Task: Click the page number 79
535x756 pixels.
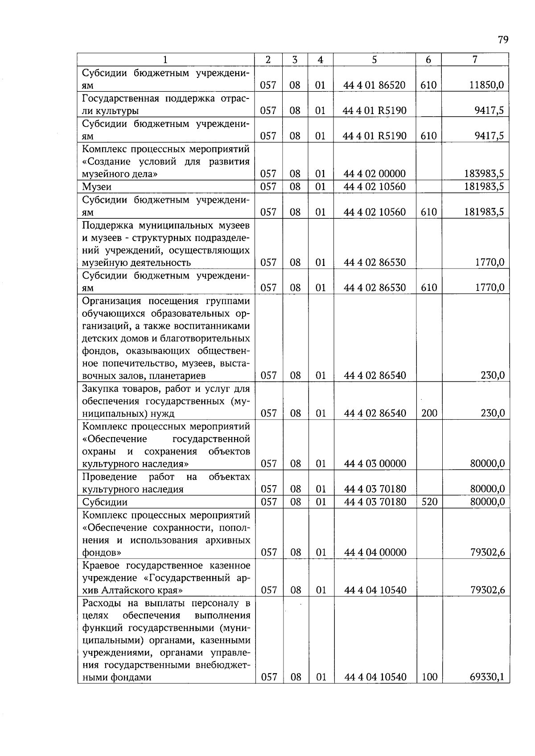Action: point(503,40)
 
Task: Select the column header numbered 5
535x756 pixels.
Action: point(374,60)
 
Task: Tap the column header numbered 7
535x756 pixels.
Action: point(475,60)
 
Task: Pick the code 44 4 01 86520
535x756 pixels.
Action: point(374,85)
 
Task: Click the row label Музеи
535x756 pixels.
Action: point(97,187)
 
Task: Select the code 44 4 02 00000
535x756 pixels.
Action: point(374,174)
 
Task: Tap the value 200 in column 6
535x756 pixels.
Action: point(429,413)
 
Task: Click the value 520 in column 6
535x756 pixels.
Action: point(429,502)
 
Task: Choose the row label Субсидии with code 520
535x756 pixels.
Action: point(105,503)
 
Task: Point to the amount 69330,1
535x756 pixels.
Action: point(487,678)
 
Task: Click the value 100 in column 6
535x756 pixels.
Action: point(429,678)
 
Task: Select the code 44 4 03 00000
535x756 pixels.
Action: point(374,464)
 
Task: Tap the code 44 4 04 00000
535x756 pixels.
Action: point(374,553)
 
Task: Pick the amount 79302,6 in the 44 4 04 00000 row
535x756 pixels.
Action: point(487,553)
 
